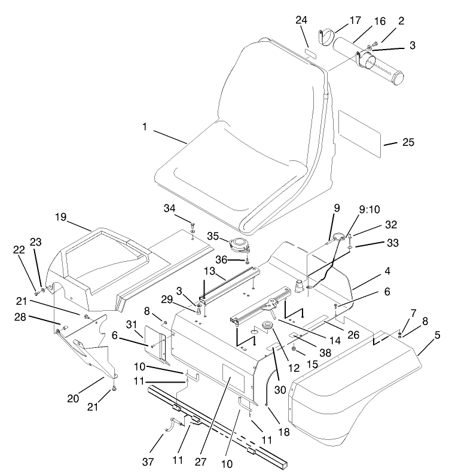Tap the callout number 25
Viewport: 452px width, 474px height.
click(408, 142)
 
